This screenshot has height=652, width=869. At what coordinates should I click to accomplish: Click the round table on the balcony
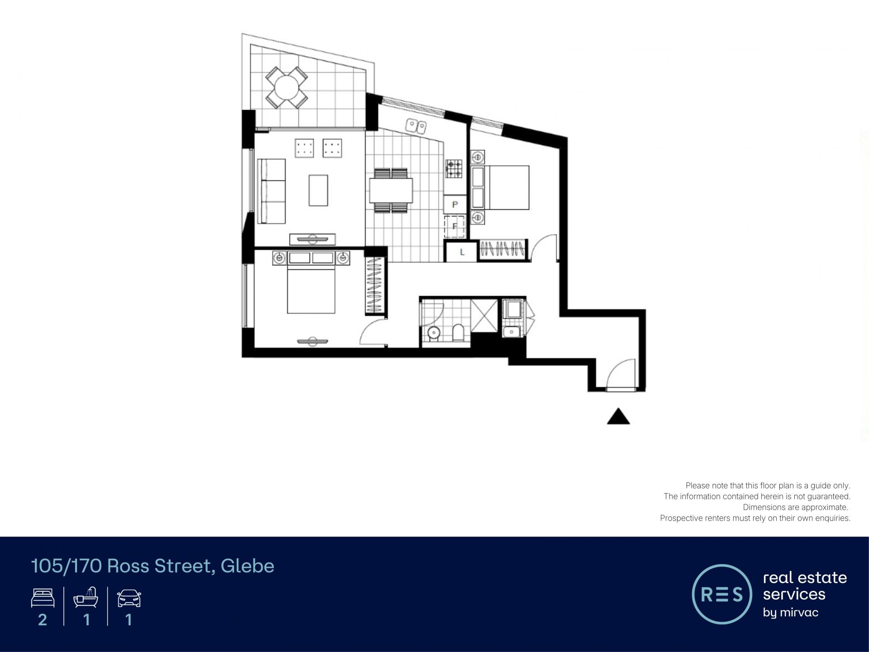(286, 87)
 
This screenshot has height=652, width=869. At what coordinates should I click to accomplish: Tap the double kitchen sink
(416, 126)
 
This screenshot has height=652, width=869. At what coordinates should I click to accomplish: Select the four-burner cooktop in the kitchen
(454, 169)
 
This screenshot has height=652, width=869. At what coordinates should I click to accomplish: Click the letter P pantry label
(455, 204)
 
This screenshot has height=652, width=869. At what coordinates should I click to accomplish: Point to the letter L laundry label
(462, 252)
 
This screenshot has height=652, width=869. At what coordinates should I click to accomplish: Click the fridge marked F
(455, 226)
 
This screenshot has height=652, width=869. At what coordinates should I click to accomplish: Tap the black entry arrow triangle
(618, 416)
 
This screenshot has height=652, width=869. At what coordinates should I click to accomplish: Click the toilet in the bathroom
(458, 332)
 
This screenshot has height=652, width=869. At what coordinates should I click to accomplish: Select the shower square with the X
(484, 315)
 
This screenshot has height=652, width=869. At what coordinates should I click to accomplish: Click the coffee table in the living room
(318, 190)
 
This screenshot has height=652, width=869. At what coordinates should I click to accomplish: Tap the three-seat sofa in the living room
(272, 191)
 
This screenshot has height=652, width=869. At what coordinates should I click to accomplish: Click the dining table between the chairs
(391, 191)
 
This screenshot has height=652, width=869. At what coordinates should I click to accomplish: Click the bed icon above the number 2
(43, 598)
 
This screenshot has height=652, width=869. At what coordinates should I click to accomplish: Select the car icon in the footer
(129, 598)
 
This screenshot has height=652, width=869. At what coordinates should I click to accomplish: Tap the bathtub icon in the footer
(86, 597)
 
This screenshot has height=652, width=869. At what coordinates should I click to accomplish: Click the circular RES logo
(722, 594)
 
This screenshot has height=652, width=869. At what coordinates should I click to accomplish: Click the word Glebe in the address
(248, 566)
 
